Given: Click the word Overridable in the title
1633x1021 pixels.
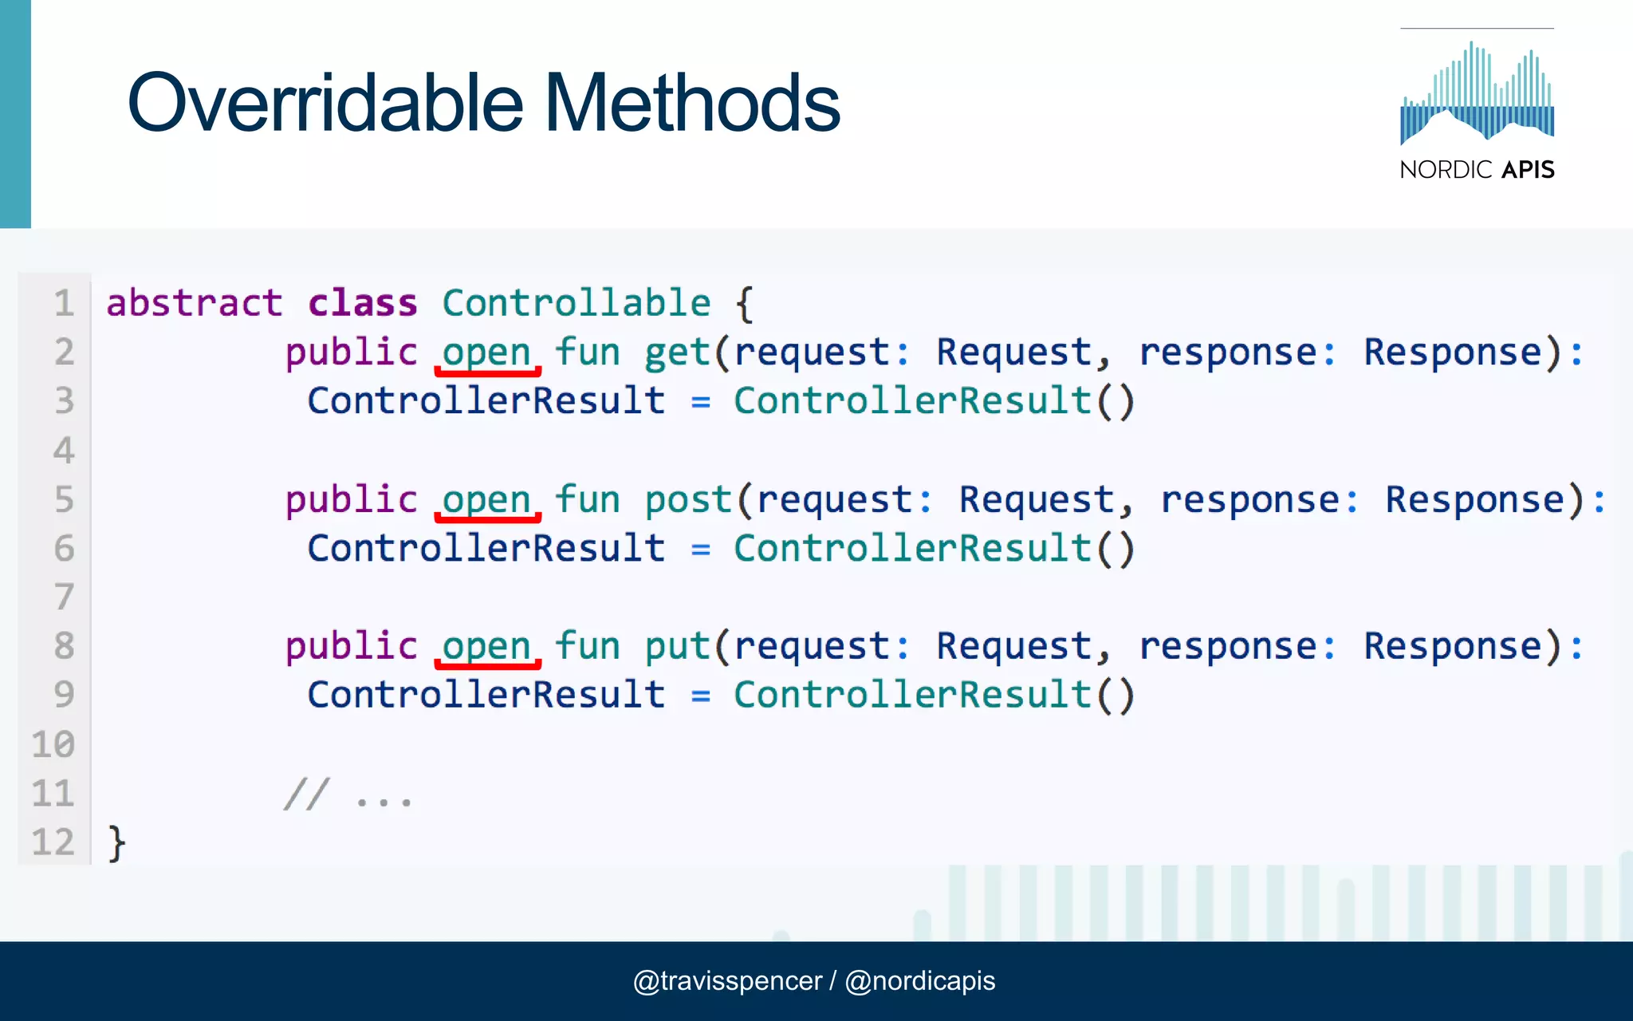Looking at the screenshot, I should pyautogui.click(x=325, y=103).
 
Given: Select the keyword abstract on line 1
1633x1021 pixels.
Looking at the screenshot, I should pyautogui.click(x=194, y=303).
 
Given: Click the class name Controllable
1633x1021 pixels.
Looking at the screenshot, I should pyautogui.click(x=576, y=303).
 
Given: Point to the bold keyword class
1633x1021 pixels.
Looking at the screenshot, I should pyautogui.click(x=363, y=303).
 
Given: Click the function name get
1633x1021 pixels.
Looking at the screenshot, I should pyautogui.click(x=677, y=353).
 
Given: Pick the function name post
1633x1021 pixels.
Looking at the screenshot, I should pyautogui.click(x=688, y=500).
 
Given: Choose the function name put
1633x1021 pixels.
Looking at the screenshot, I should pyautogui.click(x=677, y=646).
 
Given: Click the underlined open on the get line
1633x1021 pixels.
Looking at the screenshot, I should pyautogui.click(x=487, y=353).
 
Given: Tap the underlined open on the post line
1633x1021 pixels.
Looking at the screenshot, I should pyautogui.click(x=487, y=500).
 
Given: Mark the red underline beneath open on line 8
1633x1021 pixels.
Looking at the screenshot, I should pyautogui.click(x=487, y=664).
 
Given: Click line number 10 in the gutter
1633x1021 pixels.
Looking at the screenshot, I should pyautogui.click(x=53, y=744).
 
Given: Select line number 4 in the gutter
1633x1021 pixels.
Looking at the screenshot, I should pyautogui.click(x=64, y=451).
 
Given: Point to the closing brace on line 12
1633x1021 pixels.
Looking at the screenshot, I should pyautogui.click(x=116, y=842).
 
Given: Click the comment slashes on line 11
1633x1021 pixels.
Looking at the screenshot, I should pyautogui.click(x=306, y=794).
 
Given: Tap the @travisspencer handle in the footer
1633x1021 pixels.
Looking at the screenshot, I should pyautogui.click(x=726, y=980).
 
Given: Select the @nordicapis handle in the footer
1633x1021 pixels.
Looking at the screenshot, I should pyautogui.click(x=920, y=980).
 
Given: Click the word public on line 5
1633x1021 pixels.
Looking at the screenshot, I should pyautogui.click(x=352, y=500).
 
